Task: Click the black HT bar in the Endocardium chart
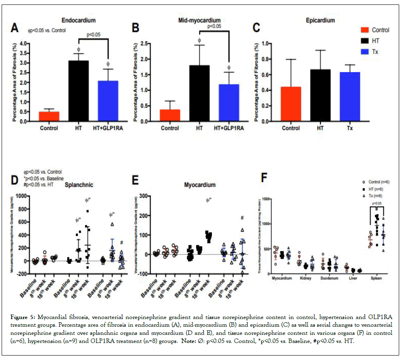[x=78, y=91]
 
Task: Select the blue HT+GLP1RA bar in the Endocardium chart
[x=108, y=101]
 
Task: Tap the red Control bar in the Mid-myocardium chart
[x=170, y=115]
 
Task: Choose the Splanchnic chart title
[x=79, y=185]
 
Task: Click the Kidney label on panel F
[x=305, y=279]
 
